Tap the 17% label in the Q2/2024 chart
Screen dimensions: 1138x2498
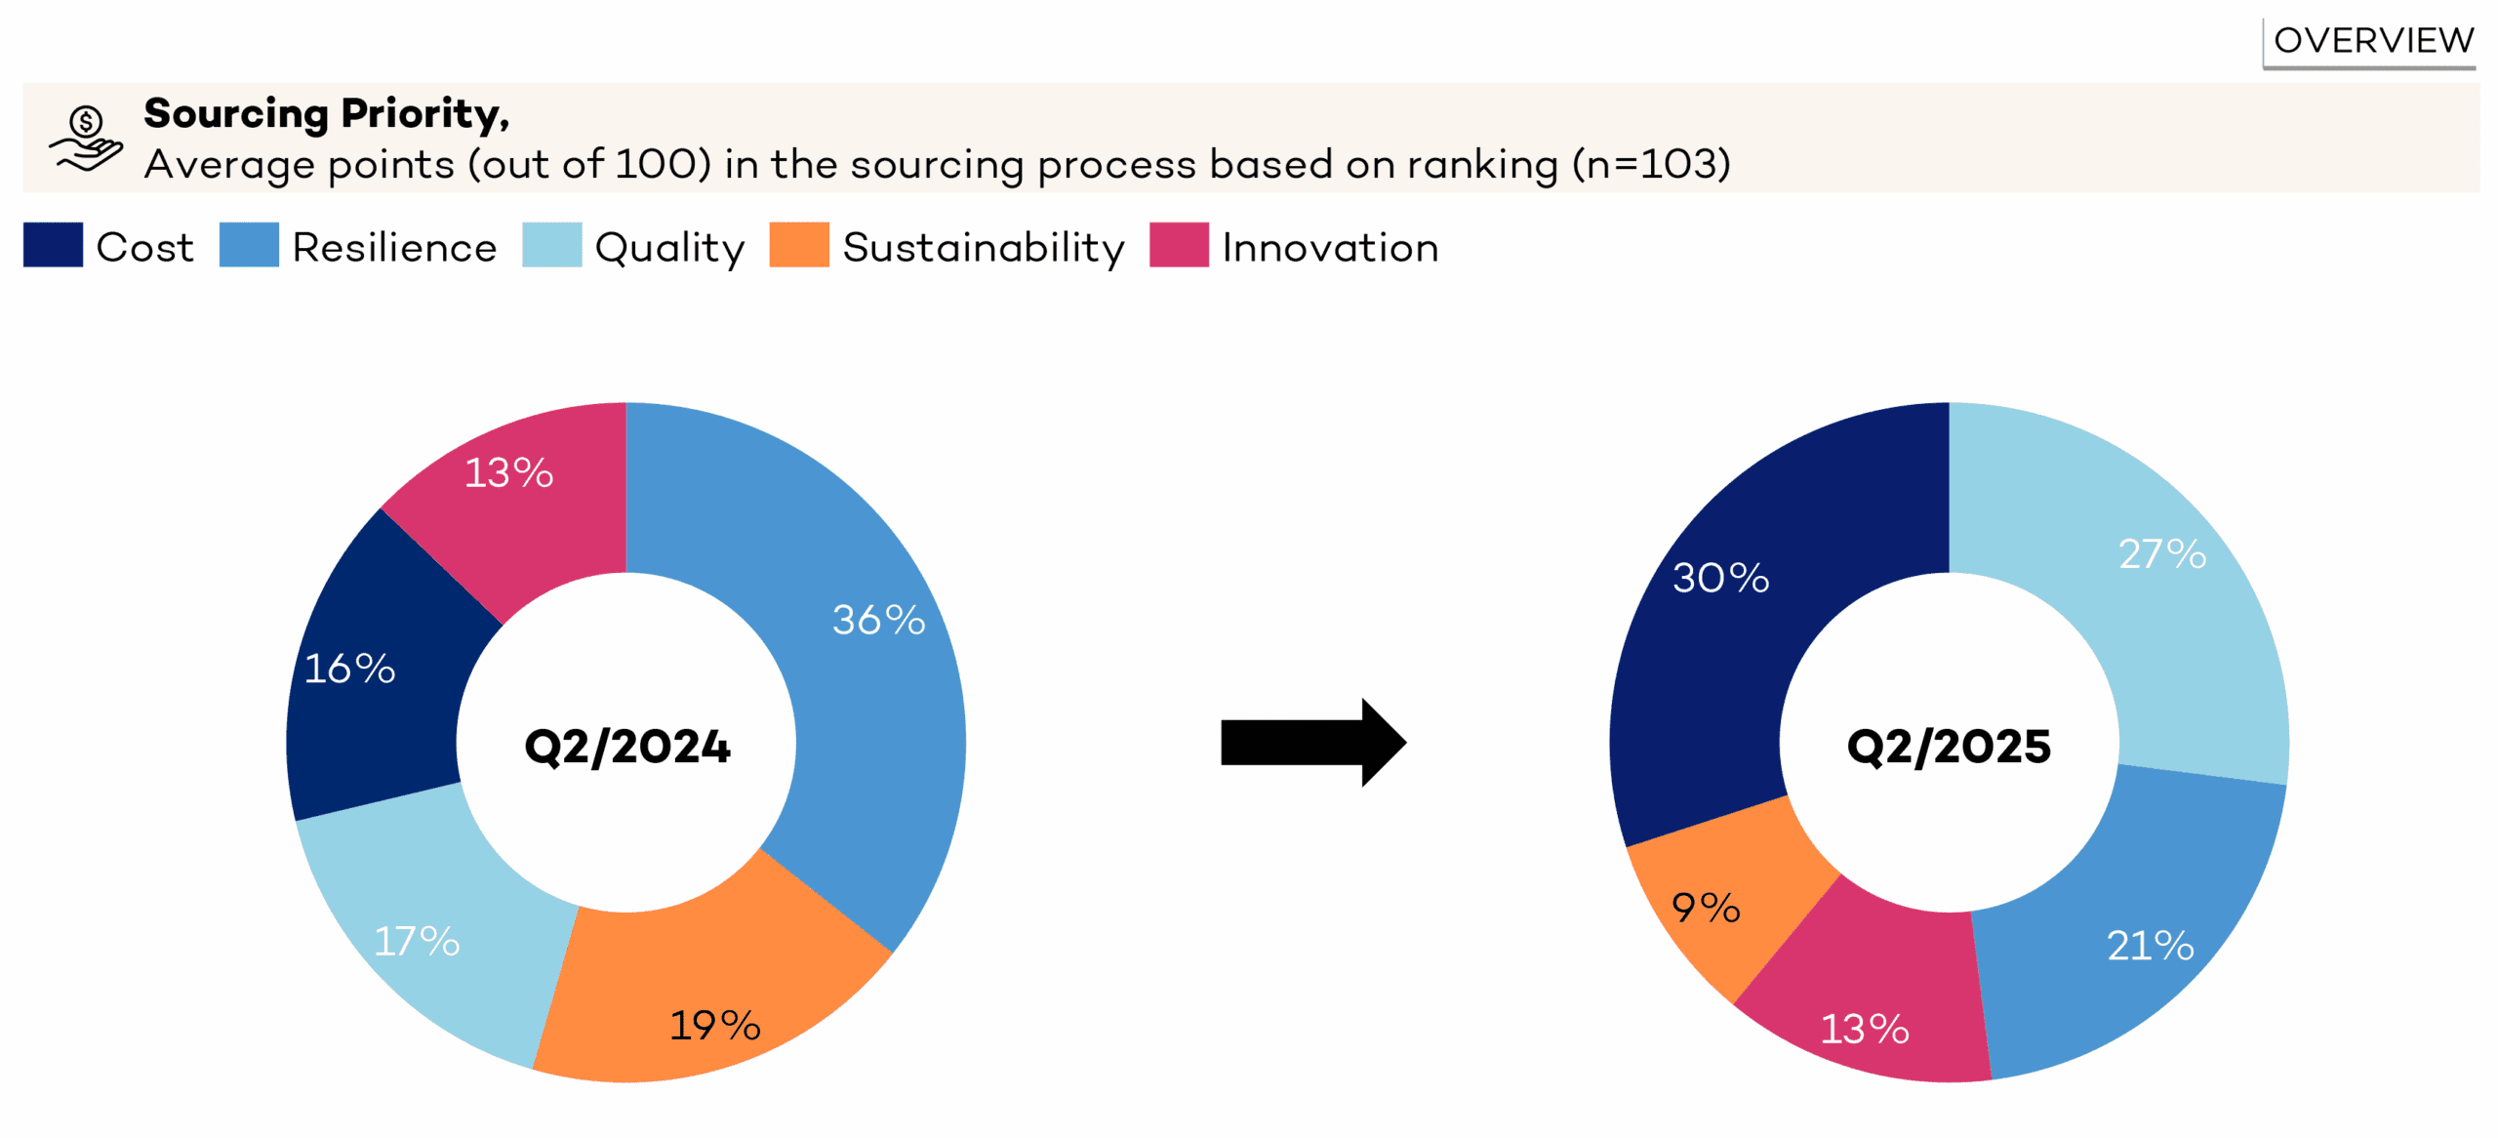pyautogui.click(x=417, y=942)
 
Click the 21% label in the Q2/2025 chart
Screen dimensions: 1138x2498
pyautogui.click(x=2150, y=945)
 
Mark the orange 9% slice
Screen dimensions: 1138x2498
pyautogui.click(x=1706, y=908)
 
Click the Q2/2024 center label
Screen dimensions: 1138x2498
pyautogui.click(x=626, y=747)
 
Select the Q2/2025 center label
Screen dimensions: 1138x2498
pyautogui.click(x=1949, y=747)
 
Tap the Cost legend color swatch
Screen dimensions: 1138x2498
pyautogui.click(x=53, y=245)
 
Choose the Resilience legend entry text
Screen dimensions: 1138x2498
pyautogui.click(x=394, y=248)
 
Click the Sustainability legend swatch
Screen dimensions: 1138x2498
pyautogui.click(x=798, y=245)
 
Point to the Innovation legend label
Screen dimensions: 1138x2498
pyautogui.click(x=1330, y=248)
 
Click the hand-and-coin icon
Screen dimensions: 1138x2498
pyautogui.click(x=86, y=139)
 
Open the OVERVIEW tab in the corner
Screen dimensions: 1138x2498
pyautogui.click(x=2372, y=41)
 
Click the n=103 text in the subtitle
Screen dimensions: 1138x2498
pyautogui.click(x=1651, y=164)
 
